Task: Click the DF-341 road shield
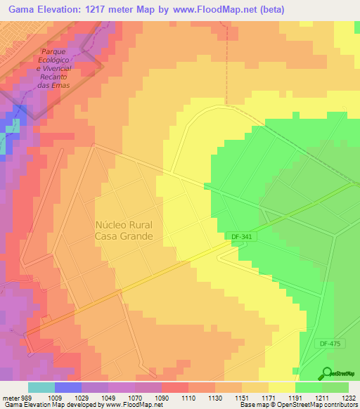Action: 241,238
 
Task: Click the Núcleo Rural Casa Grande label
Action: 124,231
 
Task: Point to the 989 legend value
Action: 25,397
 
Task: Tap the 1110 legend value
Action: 188,397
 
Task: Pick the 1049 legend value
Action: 107,397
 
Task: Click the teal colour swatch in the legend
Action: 41,387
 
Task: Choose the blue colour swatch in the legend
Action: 68,387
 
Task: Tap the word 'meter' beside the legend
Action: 9,397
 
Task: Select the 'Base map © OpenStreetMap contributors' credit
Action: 297,405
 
